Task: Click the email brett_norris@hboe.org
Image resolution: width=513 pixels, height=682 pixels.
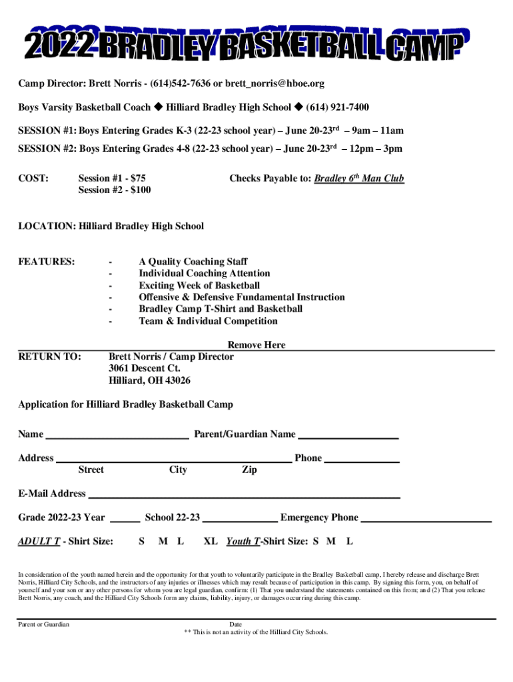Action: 274,83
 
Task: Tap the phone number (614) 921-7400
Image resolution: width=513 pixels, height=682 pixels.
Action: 337,107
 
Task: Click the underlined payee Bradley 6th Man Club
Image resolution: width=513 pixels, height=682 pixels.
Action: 359,178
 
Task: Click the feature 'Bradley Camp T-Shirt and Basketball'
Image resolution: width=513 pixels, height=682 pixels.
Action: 221,309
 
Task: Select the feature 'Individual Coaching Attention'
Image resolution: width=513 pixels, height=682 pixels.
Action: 205,273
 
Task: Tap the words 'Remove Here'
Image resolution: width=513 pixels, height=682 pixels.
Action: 256,345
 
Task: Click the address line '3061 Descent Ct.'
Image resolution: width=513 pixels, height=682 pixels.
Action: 145,368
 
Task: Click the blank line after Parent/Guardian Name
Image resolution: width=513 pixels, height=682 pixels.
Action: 348,437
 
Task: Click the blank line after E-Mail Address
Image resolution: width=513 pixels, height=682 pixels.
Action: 244,496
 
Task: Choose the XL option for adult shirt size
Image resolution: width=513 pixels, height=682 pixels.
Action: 211,541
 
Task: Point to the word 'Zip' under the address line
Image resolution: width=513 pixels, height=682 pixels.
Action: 249,470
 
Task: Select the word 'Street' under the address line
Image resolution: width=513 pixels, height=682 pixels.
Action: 91,470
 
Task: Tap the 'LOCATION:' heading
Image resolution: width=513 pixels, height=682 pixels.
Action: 47,226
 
